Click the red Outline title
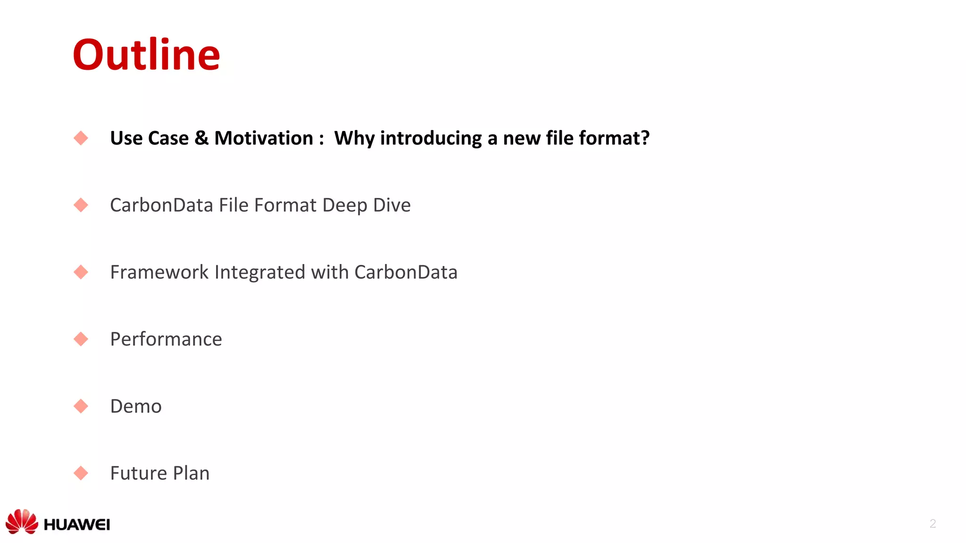(x=146, y=55)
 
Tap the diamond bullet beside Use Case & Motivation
(x=81, y=138)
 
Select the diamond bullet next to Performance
(x=81, y=339)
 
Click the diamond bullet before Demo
(x=81, y=406)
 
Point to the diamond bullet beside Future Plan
(x=81, y=473)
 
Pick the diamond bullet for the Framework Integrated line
(x=81, y=272)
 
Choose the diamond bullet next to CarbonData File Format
(x=81, y=205)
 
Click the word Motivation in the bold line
(x=264, y=138)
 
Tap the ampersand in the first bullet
(x=201, y=138)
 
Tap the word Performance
(x=166, y=339)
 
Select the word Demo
(x=136, y=406)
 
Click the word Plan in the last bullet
(x=191, y=473)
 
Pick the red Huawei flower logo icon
(x=22, y=521)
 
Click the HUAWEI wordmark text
(x=77, y=525)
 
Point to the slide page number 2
(x=933, y=523)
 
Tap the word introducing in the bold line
(x=431, y=138)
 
